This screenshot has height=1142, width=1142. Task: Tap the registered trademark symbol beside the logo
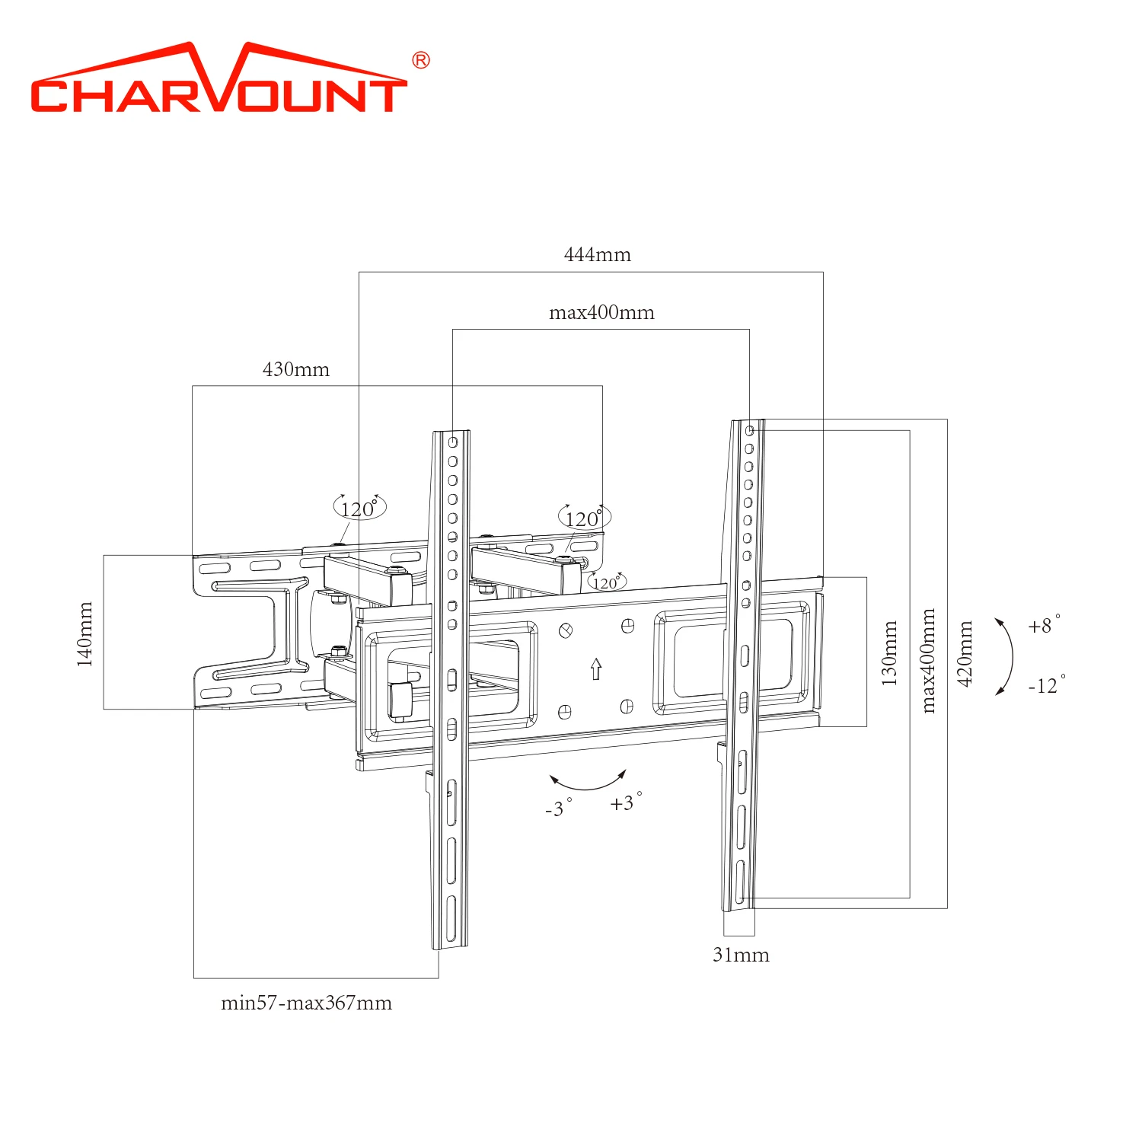point(420,61)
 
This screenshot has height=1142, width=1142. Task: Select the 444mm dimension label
point(597,254)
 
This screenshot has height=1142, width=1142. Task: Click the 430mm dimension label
point(296,369)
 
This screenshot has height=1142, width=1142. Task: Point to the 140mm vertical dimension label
point(85,633)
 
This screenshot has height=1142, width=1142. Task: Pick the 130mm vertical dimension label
point(889,652)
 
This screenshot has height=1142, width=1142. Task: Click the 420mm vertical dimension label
point(965,653)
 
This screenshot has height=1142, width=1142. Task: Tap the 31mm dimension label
point(741,955)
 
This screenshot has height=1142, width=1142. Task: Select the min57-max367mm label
point(306,1003)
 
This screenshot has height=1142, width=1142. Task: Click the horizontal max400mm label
point(601,312)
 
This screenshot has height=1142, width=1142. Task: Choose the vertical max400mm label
point(927,660)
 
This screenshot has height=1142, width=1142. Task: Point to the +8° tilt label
point(1044,625)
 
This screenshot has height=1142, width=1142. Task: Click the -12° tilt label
point(1046,685)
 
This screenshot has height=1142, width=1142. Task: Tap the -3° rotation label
point(558,808)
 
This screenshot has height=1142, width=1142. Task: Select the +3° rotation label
point(625,802)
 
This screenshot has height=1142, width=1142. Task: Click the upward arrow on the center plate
point(596,668)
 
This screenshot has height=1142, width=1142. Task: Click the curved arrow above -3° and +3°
point(588,781)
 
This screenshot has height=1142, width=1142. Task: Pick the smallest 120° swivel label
point(606,582)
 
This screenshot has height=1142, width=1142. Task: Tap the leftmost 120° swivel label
point(359,508)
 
